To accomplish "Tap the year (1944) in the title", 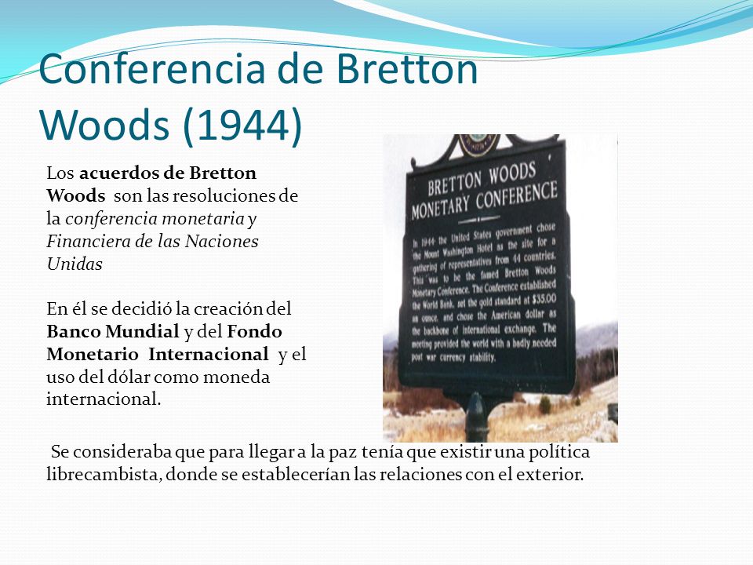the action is pyautogui.click(x=242, y=126).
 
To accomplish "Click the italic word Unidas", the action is pyautogui.click(x=75, y=264).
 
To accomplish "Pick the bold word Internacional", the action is pyautogui.click(x=209, y=354).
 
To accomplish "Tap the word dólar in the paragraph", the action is pyautogui.click(x=128, y=377).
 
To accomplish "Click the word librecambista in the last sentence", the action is pyautogui.click(x=103, y=474).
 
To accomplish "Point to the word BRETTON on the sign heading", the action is pyautogui.click(x=455, y=181).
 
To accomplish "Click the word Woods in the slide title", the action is pyautogui.click(x=104, y=126).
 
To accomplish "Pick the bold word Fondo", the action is pyautogui.click(x=254, y=331).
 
